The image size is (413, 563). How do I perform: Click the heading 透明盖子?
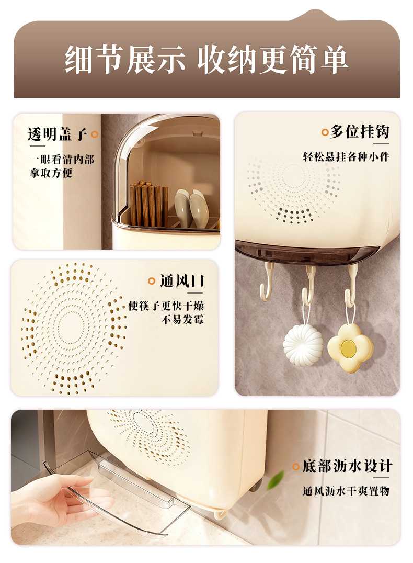click(58, 134)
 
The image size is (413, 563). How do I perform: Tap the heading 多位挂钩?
click(360, 132)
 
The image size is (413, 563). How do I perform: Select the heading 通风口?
click(182, 281)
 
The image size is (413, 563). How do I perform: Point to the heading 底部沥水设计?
click(347, 466)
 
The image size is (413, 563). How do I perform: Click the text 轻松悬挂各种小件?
click(346, 156)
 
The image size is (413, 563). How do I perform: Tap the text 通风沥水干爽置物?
click(346, 491)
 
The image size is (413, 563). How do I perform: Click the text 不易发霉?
click(182, 320)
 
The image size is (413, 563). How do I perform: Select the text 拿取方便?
click(51, 173)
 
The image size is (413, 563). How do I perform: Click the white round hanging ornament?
click(303, 345)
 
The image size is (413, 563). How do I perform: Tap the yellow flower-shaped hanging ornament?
click(351, 348)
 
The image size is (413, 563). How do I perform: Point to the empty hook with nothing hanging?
click(267, 283)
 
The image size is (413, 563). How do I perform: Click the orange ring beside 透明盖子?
click(95, 134)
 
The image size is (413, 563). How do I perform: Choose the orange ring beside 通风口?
click(152, 281)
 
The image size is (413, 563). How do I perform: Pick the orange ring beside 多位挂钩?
click(325, 132)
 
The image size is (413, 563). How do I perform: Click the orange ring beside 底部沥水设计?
click(296, 467)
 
